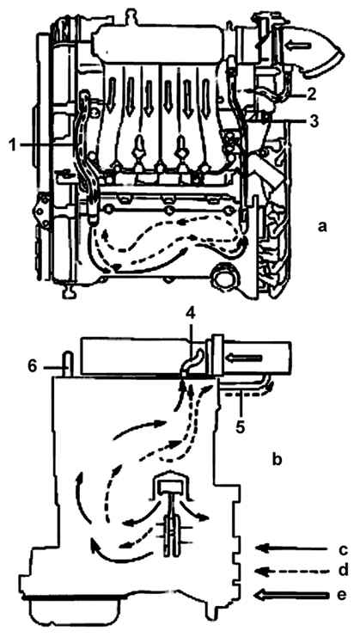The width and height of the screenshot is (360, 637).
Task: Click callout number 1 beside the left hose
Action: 14,145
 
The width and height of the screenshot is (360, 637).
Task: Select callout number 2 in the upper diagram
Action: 310,95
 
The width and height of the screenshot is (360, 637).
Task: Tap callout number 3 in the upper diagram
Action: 310,120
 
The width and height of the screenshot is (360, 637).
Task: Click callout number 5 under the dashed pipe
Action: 241,427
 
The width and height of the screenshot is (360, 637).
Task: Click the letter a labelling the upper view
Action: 322,227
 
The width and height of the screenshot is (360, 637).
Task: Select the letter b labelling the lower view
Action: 278,459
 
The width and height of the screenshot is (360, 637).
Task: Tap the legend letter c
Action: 343,549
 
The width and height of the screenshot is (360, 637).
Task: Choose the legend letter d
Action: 343,570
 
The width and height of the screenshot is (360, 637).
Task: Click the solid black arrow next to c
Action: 291,548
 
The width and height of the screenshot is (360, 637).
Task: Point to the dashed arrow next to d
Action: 291,571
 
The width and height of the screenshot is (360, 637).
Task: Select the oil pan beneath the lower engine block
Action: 75,614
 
